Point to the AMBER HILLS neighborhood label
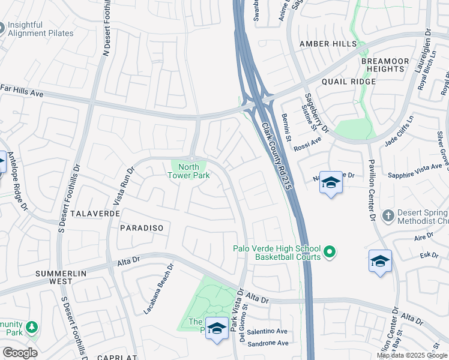point(328,44)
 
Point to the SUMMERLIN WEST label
point(61,277)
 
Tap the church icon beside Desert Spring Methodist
point(388,215)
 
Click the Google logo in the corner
point(19,353)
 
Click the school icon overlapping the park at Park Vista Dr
point(217,328)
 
